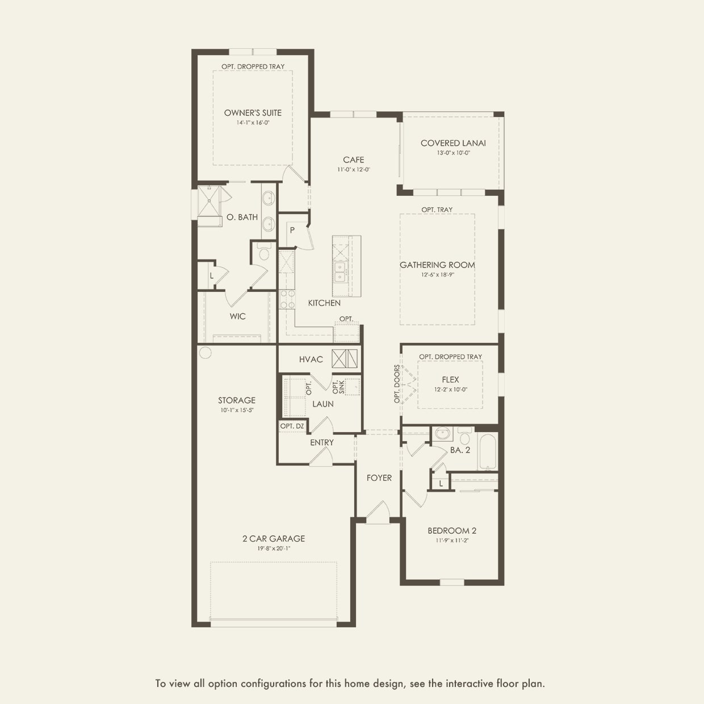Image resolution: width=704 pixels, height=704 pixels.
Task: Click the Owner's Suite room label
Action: [253, 113]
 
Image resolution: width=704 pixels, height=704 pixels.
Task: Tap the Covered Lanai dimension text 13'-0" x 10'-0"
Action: [454, 153]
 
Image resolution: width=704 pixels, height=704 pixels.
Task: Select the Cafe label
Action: [353, 160]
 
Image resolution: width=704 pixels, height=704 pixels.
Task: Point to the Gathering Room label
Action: [437, 265]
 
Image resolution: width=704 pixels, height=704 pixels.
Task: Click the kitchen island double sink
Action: [340, 272]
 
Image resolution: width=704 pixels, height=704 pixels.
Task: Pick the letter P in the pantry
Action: [292, 230]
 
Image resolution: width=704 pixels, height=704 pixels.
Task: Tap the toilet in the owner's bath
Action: [263, 253]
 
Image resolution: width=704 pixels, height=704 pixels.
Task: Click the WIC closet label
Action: [237, 316]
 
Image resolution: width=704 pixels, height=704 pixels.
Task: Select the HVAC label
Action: [311, 359]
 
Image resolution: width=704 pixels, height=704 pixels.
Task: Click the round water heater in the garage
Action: [206, 353]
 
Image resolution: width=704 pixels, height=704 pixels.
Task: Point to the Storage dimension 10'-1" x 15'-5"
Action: [237, 410]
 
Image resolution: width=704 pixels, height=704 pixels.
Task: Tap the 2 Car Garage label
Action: [274, 539]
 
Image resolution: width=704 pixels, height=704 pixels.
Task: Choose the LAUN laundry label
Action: [323, 404]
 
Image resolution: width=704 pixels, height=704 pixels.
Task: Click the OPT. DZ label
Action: [292, 426]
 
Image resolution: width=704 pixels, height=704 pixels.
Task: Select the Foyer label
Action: [379, 478]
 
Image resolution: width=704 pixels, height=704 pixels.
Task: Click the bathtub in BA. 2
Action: [487, 451]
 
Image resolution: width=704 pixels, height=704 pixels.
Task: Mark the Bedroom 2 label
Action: [452, 530]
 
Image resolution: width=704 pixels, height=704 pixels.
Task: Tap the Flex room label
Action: [450, 380]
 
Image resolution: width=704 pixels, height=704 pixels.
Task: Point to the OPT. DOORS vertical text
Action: [397, 384]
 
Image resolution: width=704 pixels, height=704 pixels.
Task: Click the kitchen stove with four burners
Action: [287, 299]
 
